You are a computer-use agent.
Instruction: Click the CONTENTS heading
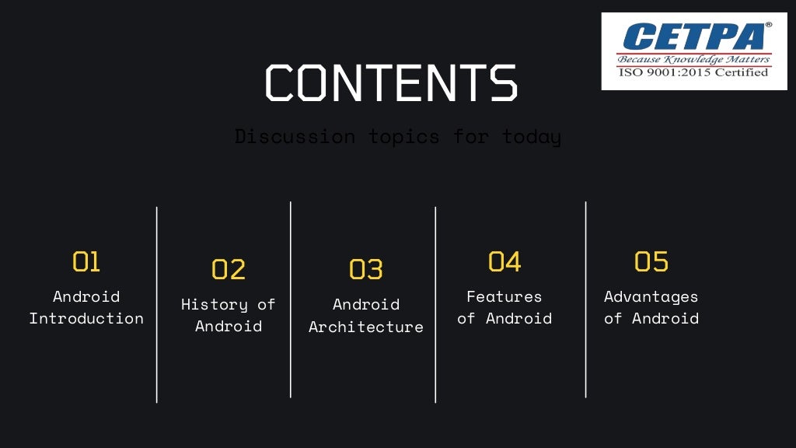391,82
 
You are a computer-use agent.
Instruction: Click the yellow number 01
86,261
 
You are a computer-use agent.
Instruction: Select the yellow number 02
229,269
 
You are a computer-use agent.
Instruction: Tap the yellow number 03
365,269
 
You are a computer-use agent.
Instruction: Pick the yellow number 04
504,261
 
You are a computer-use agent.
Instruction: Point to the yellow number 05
651,261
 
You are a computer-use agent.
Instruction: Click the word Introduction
86,318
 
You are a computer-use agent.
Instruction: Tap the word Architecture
365,327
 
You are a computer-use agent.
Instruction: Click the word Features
504,296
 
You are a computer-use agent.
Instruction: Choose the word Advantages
651,296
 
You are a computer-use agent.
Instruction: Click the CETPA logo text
693,37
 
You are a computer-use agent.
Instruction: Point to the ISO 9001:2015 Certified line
693,72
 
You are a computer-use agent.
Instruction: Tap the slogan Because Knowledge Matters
693,59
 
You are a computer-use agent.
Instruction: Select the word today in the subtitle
532,137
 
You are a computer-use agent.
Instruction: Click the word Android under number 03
365,304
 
